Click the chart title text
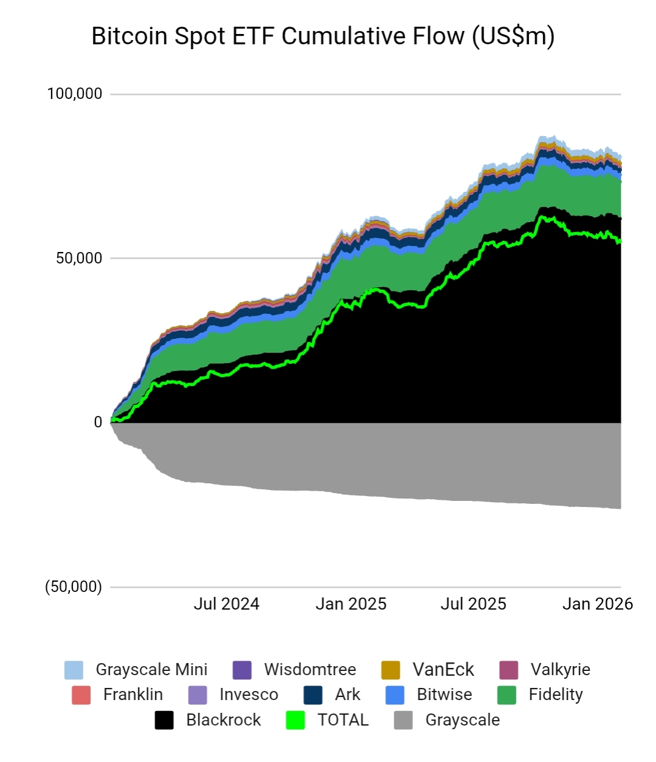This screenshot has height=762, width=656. (323, 36)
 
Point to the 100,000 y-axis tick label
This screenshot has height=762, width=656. (75, 94)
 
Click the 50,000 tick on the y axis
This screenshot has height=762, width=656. (79, 258)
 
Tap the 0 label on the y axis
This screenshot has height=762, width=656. (98, 423)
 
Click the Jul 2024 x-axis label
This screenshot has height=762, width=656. (226, 604)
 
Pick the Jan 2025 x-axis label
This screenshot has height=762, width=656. (350, 604)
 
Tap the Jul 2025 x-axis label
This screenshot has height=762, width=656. (473, 604)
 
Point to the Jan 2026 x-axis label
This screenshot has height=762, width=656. (597, 604)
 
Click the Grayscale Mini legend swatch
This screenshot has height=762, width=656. (74, 670)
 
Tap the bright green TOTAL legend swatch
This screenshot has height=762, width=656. (295, 720)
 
